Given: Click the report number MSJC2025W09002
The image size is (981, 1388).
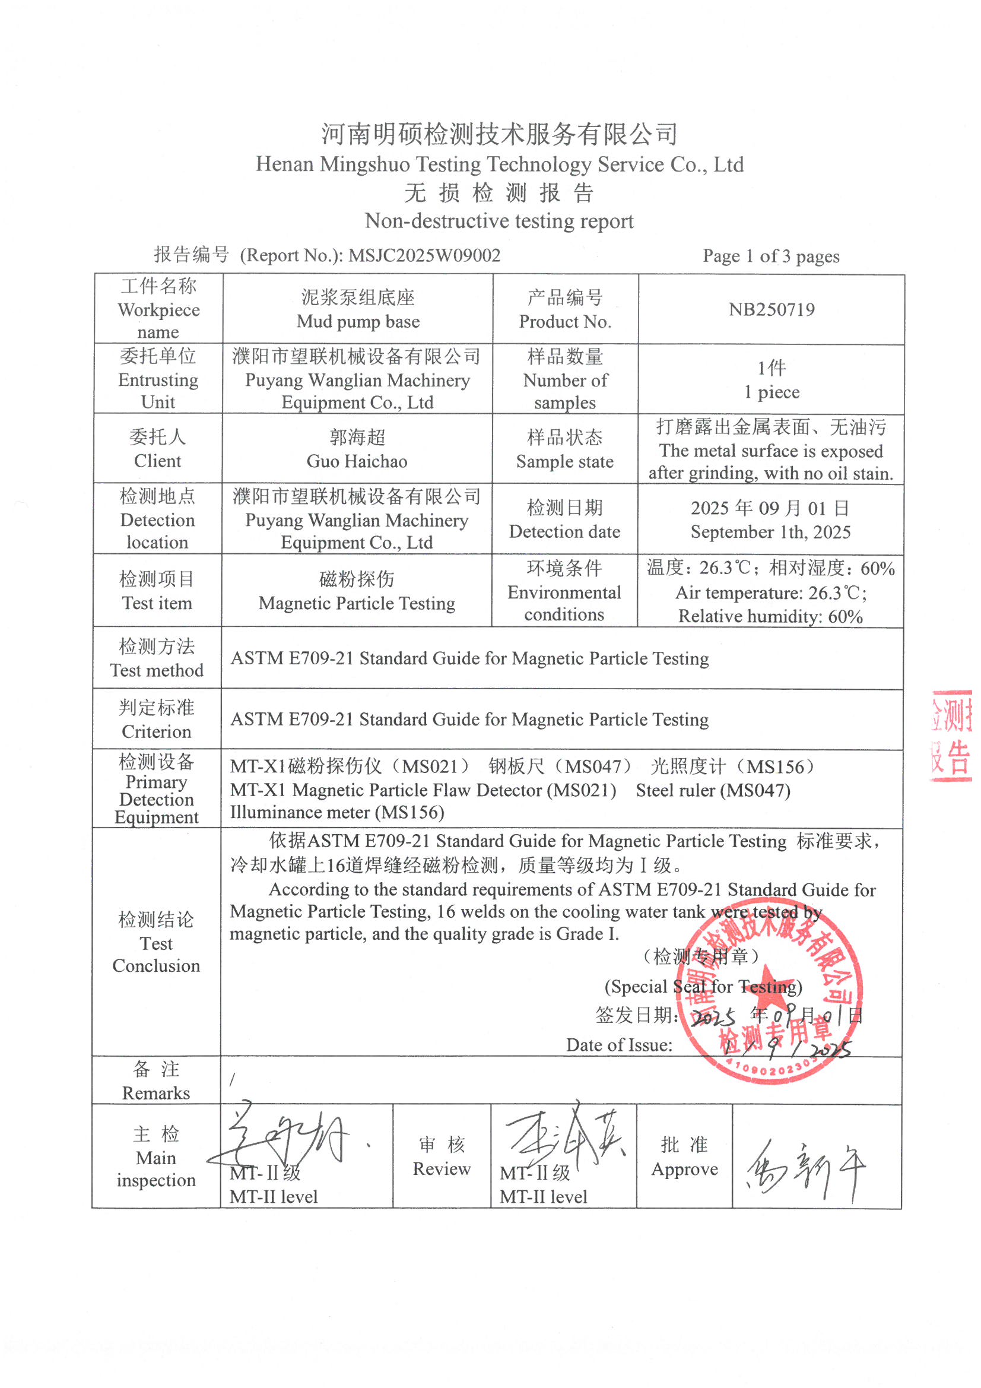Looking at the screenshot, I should tap(424, 255).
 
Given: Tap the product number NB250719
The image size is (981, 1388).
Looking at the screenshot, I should tap(772, 309).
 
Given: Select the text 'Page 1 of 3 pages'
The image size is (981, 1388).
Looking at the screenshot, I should tap(771, 256).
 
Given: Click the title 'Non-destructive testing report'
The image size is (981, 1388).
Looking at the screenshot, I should tap(499, 221).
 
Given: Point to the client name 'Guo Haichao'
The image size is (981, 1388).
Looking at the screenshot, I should tap(357, 461).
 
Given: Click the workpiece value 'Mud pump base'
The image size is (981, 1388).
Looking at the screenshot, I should tap(358, 322).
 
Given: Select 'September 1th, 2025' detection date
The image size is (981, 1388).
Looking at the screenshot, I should tap(771, 532).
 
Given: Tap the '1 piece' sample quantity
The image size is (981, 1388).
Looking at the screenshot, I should tap(772, 392).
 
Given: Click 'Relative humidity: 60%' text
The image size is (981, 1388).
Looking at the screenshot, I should tap(771, 616).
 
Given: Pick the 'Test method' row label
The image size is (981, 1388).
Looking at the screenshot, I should tap(157, 670).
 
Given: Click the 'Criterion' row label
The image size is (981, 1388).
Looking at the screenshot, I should tap(157, 731).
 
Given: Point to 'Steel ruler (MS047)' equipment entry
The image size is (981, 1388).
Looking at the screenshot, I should tap(713, 790).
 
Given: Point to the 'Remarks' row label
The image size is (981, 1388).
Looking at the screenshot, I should tap(156, 1093).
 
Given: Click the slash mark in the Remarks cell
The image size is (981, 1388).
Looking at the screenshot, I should tap(232, 1080).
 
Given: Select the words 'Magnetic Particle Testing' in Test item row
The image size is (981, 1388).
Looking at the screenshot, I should tap(357, 603).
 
